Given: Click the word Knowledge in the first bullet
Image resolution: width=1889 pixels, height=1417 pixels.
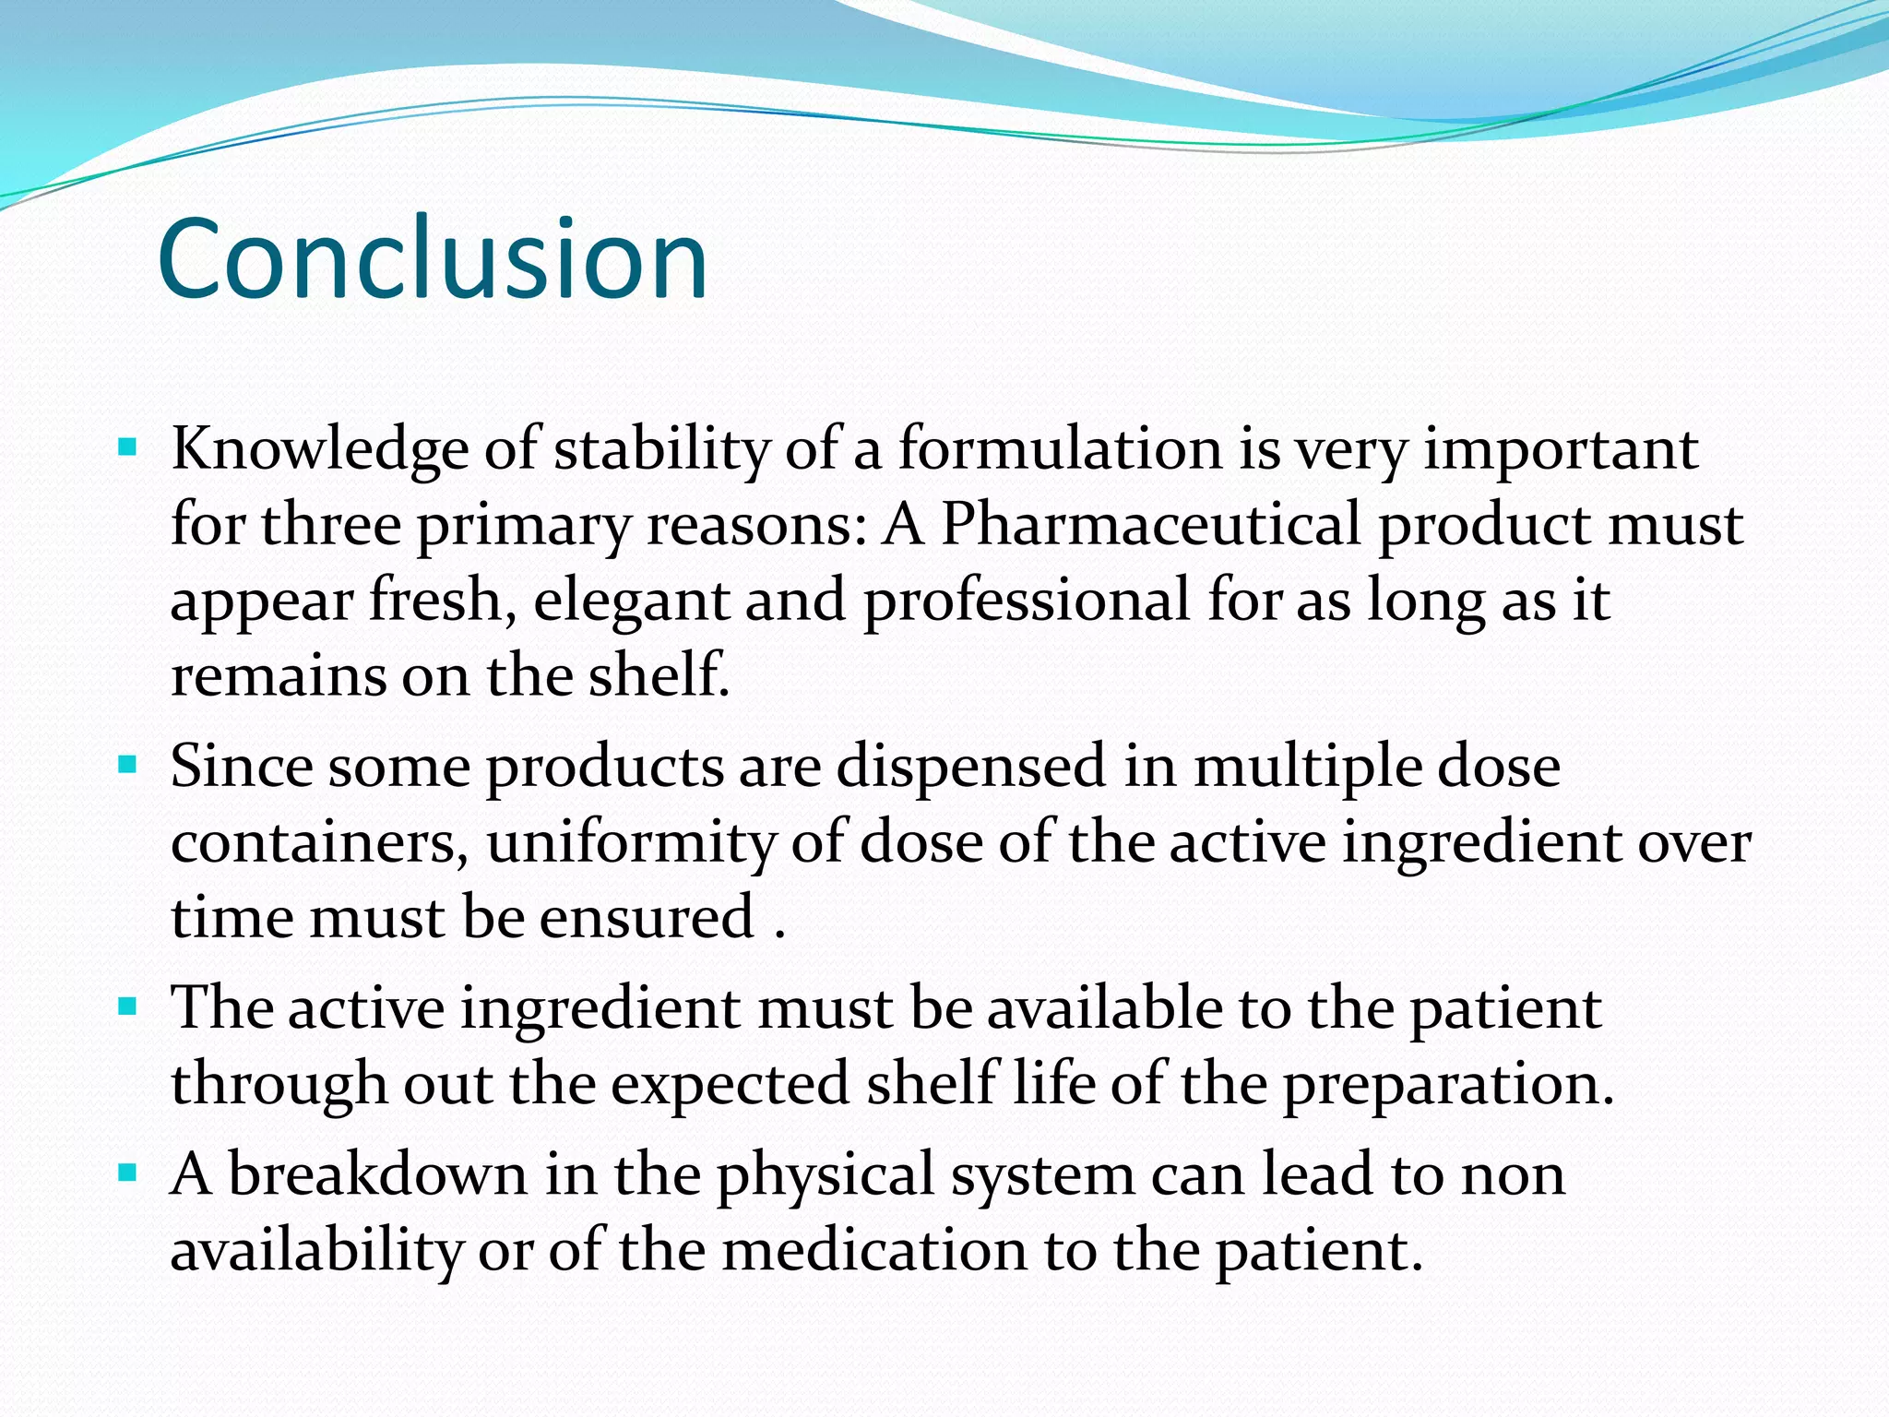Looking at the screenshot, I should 319,449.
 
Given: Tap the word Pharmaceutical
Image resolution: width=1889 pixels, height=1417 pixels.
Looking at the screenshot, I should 1150,525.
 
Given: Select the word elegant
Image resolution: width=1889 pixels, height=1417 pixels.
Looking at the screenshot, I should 630,601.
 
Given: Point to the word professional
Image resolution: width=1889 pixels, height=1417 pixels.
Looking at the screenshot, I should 1026,601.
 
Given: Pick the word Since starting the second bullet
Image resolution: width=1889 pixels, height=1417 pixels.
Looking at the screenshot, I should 241,767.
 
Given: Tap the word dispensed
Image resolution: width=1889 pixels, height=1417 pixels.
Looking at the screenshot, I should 970,767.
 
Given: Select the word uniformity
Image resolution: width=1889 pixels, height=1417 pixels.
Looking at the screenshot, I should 632,842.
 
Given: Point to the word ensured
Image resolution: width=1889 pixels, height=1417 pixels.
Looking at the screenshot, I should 647,918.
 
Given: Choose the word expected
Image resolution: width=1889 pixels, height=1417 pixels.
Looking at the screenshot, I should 729,1083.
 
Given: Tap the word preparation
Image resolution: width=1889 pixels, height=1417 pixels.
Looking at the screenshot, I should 1448,1083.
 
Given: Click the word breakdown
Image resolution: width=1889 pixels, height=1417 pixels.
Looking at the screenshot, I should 377,1175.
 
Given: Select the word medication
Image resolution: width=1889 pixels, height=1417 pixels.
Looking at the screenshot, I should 874,1251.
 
